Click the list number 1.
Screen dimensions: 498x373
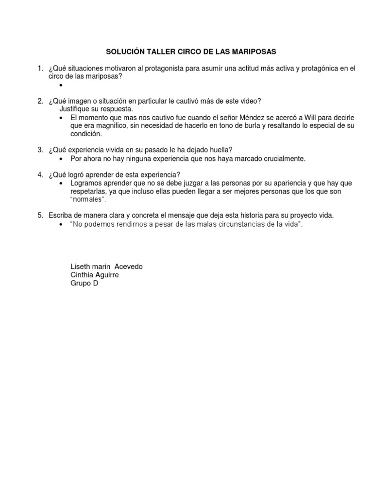(41, 69)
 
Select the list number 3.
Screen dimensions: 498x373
(41, 150)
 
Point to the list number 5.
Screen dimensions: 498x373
(41, 215)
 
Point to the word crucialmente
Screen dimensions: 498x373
(282, 159)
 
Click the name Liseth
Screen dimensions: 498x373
(81, 267)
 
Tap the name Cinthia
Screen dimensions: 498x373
(83, 275)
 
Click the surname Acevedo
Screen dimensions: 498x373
(128, 267)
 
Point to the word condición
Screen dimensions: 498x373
(86, 134)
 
